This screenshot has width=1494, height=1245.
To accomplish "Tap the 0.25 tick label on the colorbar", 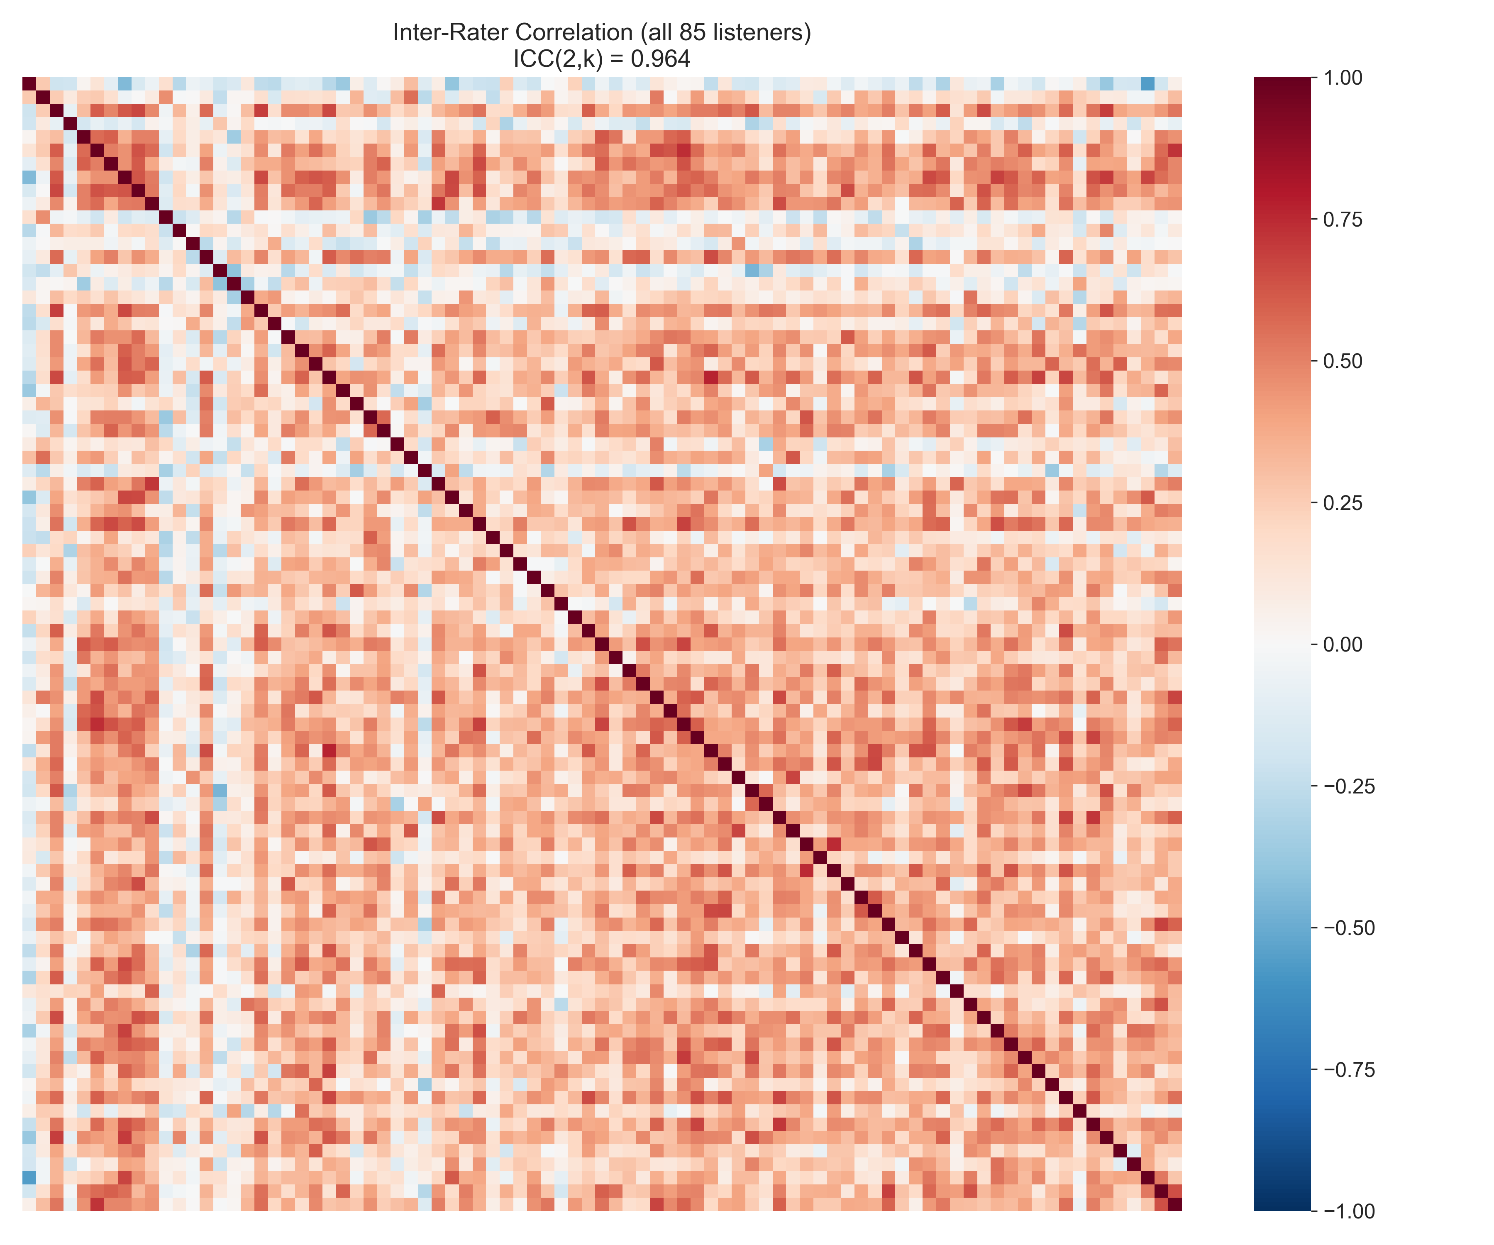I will (1343, 503).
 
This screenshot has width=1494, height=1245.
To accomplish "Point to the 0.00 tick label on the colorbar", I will (1343, 644).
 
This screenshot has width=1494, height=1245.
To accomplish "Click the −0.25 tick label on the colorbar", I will (1348, 786).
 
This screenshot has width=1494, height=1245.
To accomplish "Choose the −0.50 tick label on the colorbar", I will (1348, 928).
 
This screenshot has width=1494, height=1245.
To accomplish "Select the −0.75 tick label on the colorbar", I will (1348, 1070).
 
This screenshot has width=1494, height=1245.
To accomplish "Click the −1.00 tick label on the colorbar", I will (1348, 1211).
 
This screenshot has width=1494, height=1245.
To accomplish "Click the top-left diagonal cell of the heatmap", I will (29, 84).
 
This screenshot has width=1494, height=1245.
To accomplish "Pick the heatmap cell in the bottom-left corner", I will (29, 1204).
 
